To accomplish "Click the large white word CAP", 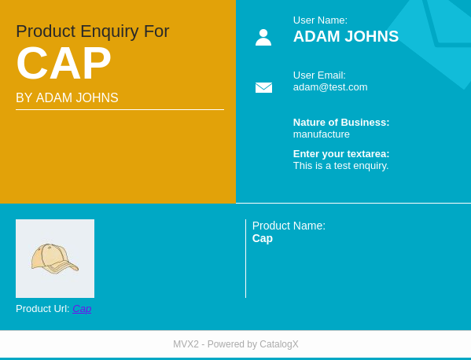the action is pos(64,63).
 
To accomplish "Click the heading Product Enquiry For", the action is pos(93,31).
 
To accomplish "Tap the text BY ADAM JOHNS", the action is pos(67,98).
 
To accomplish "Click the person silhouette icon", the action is pos(263,37).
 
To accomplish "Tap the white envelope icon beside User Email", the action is pos(263,88).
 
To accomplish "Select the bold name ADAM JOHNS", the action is pos(346,36).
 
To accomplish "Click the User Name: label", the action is pos(320,20).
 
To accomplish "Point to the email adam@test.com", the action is pos(330,87).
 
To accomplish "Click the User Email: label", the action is pos(319,75).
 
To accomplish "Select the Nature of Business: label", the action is pos(341,123).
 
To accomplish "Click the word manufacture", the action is pos(322,134).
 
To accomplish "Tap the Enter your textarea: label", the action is pos(341,154).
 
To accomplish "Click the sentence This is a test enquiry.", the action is pos(341,166).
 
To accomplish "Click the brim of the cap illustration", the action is pos(67,267).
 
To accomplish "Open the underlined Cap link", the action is pos(82,309).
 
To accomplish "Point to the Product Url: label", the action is pos(42,309).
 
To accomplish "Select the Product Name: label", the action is pos(289,226).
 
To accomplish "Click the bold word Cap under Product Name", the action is pos(263,238).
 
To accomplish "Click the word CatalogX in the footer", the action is pos(279,344).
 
